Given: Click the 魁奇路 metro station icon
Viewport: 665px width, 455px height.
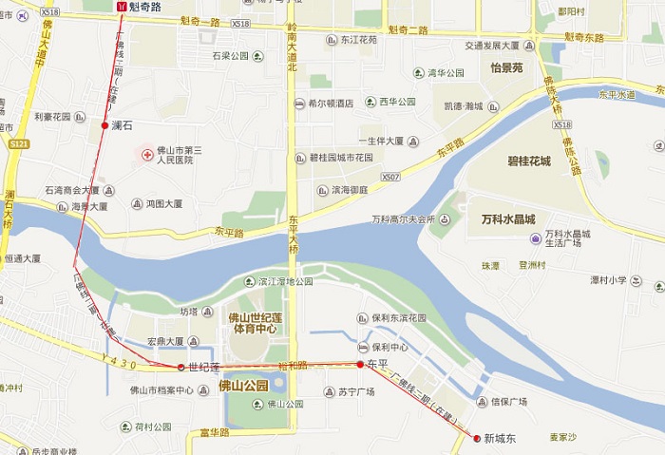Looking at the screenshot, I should click(122, 6).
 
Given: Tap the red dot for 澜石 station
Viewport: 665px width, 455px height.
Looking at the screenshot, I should click(104, 124).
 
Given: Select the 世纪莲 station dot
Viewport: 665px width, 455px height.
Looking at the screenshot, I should click(180, 367).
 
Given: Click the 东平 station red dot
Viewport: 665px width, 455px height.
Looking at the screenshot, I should click(360, 364).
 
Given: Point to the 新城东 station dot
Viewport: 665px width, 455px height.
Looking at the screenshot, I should click(476, 438).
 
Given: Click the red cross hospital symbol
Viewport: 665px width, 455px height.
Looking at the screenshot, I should click(147, 153).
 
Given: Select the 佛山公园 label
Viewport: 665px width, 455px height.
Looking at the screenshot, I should click(243, 385).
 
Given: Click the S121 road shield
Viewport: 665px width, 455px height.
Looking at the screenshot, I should click(17, 142).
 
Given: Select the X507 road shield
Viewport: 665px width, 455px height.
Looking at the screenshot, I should click(389, 177).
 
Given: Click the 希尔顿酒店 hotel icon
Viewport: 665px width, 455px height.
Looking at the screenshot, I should click(299, 104).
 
